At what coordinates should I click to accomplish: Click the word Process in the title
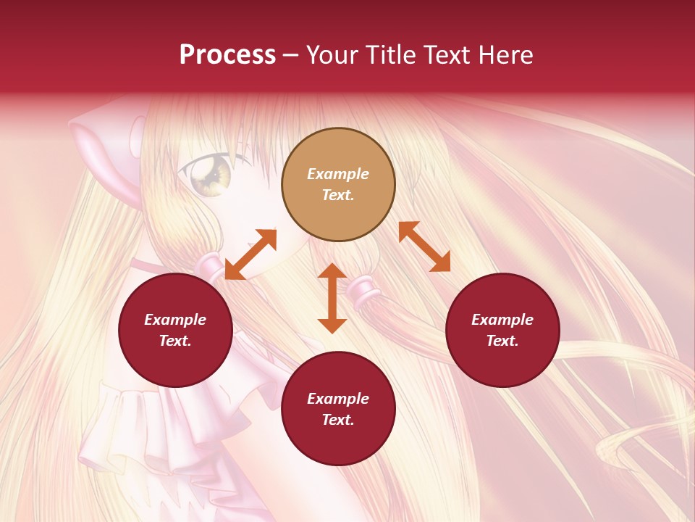227,55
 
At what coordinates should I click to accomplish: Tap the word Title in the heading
390,55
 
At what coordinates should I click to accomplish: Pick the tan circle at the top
338,184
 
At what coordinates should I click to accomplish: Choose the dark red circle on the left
175,330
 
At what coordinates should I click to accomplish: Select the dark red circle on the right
502,330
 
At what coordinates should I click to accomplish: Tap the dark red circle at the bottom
338,409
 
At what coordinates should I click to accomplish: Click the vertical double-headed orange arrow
332,298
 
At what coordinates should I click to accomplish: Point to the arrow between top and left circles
250,254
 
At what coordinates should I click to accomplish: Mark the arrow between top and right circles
424,246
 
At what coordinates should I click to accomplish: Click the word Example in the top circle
338,174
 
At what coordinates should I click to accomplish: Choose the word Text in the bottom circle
338,420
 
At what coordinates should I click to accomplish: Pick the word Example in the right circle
502,320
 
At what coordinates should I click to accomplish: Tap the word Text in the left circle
175,341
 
